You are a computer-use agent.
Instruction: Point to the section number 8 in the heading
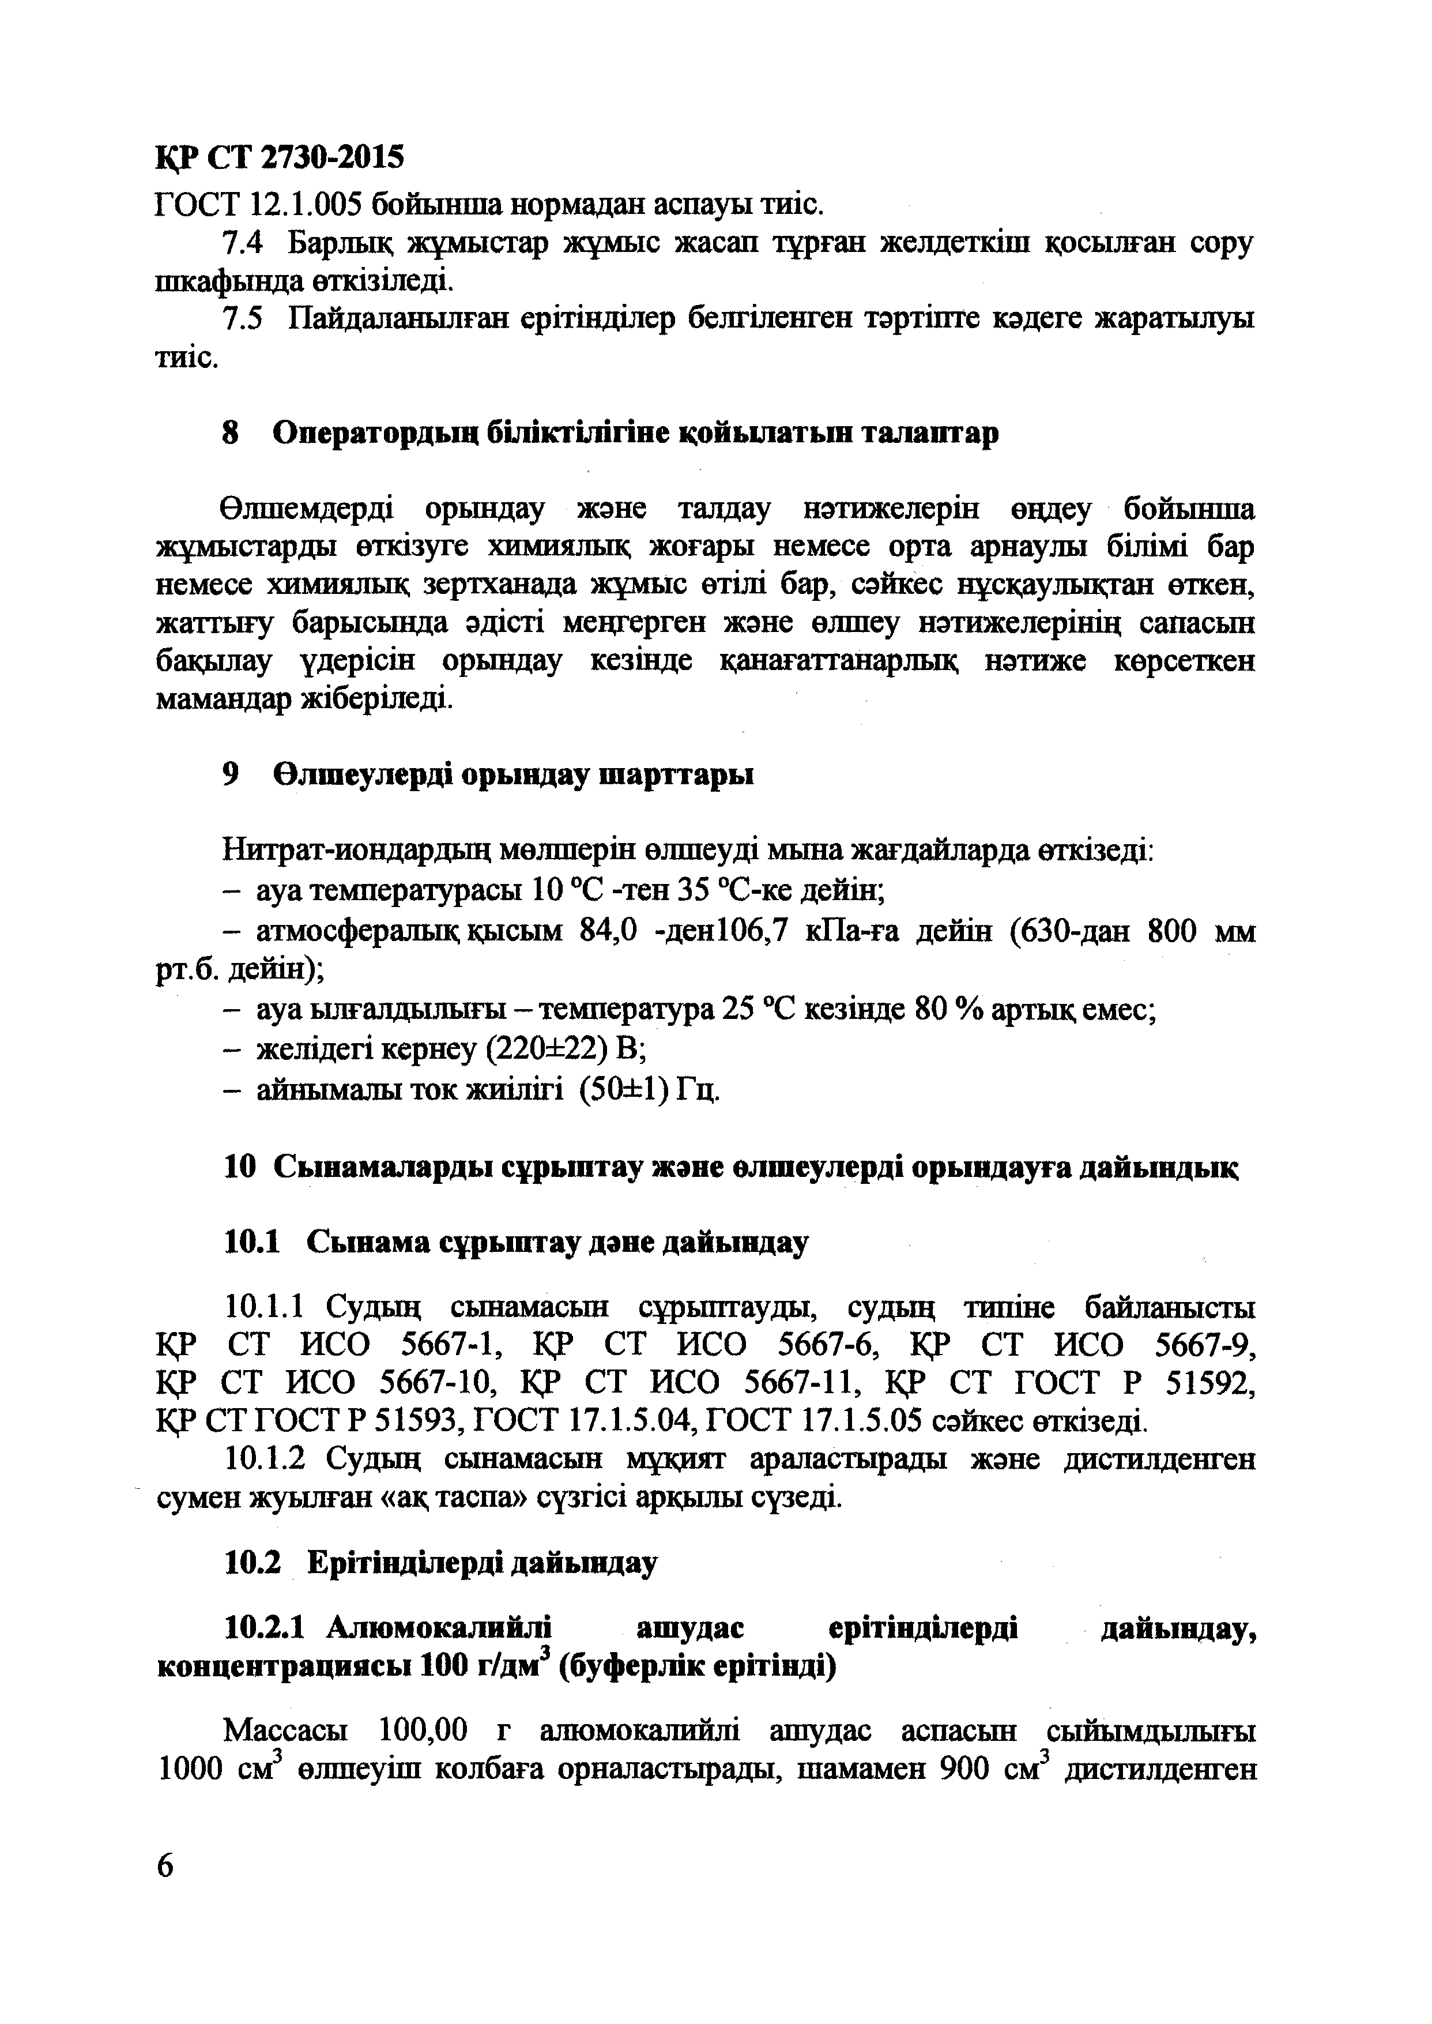(232, 433)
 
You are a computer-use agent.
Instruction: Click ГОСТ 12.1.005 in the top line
(257, 205)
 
